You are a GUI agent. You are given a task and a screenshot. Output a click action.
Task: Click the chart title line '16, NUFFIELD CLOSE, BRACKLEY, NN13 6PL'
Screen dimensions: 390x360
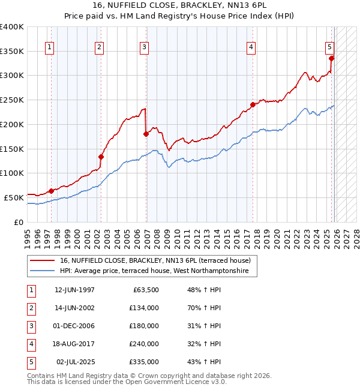(x=180, y=5)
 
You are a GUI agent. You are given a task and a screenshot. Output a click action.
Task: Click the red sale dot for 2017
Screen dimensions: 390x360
(x=253, y=104)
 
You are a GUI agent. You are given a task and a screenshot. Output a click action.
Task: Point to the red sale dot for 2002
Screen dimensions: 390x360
(x=101, y=157)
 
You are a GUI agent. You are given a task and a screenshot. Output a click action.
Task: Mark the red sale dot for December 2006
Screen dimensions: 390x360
(x=146, y=134)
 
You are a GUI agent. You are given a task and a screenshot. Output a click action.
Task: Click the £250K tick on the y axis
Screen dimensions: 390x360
(x=12, y=100)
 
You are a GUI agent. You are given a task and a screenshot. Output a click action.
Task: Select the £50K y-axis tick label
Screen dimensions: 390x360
(x=14, y=197)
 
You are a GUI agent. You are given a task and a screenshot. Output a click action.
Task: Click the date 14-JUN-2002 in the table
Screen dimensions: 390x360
(x=74, y=307)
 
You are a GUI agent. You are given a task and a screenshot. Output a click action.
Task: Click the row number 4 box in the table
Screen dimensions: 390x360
(x=31, y=344)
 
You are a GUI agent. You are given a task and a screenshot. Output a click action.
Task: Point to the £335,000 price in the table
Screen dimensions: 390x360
(x=143, y=362)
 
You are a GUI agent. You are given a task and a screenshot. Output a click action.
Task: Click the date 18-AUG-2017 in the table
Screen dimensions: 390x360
(x=74, y=344)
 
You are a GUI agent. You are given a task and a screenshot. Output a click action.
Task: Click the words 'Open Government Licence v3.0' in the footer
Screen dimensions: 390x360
(x=176, y=382)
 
